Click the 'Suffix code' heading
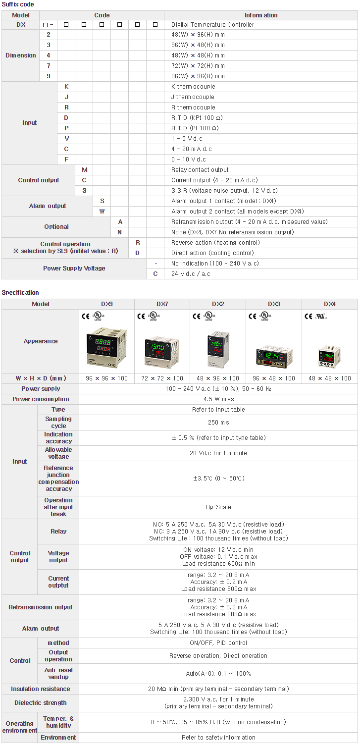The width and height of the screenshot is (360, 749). pos(18,4)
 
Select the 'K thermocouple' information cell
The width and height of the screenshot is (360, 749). pos(193,87)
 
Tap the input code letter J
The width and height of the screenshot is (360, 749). pos(66,97)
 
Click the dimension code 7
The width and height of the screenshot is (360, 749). pos(49,66)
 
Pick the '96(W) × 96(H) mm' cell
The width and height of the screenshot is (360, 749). pos(198,76)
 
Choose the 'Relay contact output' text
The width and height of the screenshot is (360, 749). pos(200,170)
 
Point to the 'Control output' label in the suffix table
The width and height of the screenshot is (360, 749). pos(39,180)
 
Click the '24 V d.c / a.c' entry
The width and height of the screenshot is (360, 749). pos(191,274)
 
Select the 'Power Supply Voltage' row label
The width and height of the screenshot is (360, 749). pos(74,268)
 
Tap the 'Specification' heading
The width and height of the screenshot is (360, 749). pos(20,293)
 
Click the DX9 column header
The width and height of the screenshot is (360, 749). pos(106,304)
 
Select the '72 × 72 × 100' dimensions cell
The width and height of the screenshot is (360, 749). pos(162,378)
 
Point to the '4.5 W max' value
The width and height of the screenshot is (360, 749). pos(218,399)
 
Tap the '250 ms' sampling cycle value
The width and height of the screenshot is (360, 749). pos(218,423)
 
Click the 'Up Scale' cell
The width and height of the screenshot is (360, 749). pos(218,507)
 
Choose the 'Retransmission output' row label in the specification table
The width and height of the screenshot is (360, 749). pos(41,607)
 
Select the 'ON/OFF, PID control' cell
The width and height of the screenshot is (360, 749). pos(218,643)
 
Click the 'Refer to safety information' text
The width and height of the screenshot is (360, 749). pos(218,738)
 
